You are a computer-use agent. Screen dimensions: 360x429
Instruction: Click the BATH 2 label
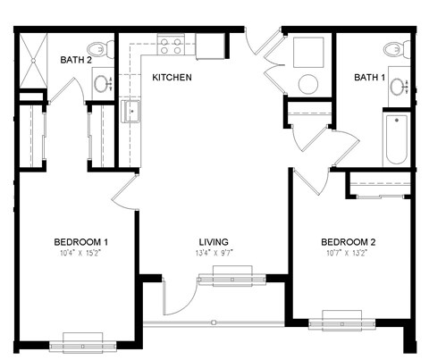(x=77, y=60)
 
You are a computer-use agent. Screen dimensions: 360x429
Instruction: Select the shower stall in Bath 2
(x=32, y=62)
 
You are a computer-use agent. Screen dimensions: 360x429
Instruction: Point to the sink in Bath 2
(x=102, y=84)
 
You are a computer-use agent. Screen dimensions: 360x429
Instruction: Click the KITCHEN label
(x=172, y=78)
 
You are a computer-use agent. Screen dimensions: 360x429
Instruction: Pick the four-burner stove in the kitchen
(x=171, y=45)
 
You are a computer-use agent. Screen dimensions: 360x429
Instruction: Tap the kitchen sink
(x=130, y=112)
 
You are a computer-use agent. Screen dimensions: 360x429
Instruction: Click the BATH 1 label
(x=369, y=78)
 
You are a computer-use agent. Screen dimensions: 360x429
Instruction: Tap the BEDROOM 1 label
(x=80, y=242)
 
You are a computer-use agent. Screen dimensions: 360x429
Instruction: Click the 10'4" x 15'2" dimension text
(x=80, y=254)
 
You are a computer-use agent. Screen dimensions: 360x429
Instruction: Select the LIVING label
(x=214, y=242)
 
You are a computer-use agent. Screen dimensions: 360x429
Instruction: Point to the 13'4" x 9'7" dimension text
(x=214, y=254)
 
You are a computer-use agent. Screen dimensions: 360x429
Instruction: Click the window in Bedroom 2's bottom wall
(x=347, y=319)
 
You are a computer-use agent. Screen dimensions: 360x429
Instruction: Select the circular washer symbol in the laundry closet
(x=308, y=85)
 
